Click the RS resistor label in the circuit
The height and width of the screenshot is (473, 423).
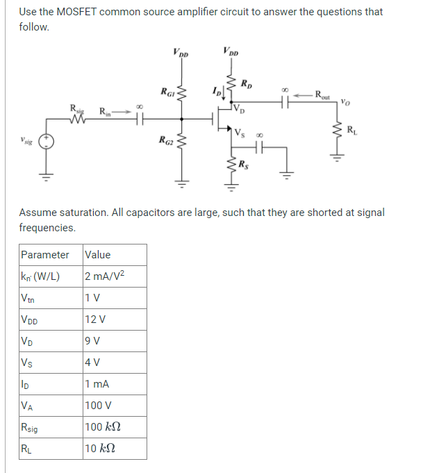(x=244, y=165)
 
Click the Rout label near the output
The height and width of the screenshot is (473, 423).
(x=324, y=94)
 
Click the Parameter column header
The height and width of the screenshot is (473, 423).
(x=45, y=254)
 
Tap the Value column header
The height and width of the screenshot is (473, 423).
(x=98, y=254)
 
